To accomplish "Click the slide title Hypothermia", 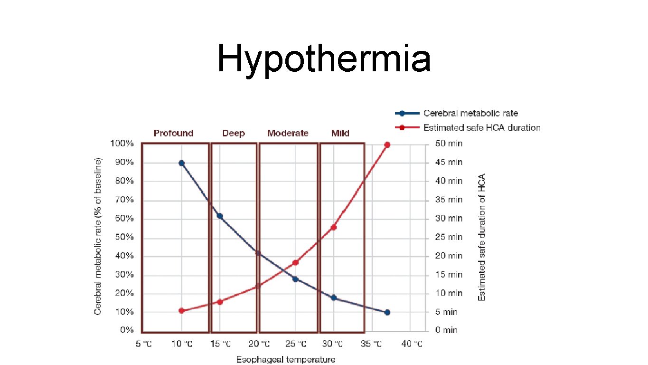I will (x=324, y=59).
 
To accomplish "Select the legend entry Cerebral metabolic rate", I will (x=470, y=113).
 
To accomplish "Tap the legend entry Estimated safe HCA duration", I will (x=481, y=127).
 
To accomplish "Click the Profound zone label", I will (x=173, y=133).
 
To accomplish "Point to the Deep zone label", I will (x=234, y=133).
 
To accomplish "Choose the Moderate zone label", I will (x=288, y=133).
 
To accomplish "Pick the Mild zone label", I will (x=340, y=133).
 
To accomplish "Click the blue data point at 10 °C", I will (x=181, y=163).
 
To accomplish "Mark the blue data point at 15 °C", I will (x=220, y=216).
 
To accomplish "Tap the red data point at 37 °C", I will (x=387, y=144).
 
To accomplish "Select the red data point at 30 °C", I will (x=334, y=227).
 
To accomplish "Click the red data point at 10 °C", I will (x=181, y=311).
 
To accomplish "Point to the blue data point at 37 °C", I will (x=387, y=312).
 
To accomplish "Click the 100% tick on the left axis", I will (x=122, y=144).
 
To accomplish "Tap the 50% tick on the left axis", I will (x=124, y=237).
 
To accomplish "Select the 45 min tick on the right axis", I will (x=449, y=163).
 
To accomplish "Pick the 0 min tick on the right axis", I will (x=447, y=330).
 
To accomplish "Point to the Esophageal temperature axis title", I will (x=285, y=359).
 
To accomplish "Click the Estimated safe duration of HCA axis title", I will (x=482, y=237).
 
